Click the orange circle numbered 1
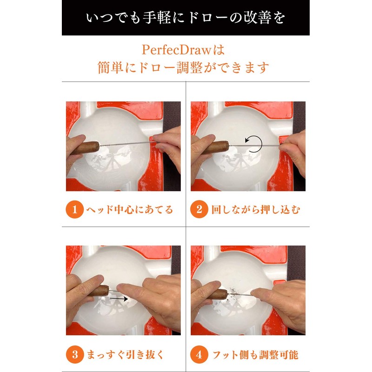coord(75,210)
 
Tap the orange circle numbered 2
coord(199,210)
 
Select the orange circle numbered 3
coord(75,355)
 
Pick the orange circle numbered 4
coord(199,355)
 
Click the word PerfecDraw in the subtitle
coord(176,50)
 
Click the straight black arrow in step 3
coord(119,299)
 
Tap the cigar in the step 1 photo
coord(85,148)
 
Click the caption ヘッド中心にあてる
coord(130,210)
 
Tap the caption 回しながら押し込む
coord(255,210)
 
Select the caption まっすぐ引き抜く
coord(125,355)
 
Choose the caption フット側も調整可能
coord(255,355)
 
